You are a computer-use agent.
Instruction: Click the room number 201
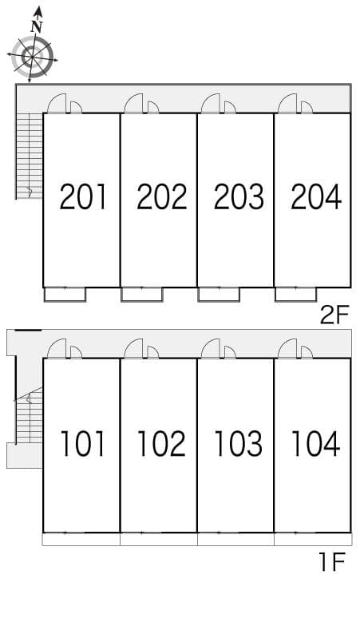pos(83,196)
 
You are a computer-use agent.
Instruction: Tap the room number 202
pos(161,196)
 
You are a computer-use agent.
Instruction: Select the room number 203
pos(238,196)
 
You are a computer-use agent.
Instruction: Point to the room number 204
pos(316,196)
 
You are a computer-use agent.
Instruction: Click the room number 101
pos(83,443)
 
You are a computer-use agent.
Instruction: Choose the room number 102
pos(161,443)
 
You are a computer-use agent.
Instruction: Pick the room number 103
pos(238,443)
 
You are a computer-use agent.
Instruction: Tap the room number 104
pos(316,443)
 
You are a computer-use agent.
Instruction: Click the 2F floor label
pos(334,315)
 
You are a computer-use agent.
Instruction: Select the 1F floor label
pos(332,564)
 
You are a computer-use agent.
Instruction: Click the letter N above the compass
pos(36,26)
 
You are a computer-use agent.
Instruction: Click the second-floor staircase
pos(29,156)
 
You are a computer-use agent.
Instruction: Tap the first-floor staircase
pos(29,415)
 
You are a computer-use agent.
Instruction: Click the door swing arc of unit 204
pos(288,104)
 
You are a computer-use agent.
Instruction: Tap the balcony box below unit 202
pos(142,295)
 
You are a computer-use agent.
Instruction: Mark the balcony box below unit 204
pos(295,295)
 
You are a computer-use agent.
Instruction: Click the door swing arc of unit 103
pos(212,349)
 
